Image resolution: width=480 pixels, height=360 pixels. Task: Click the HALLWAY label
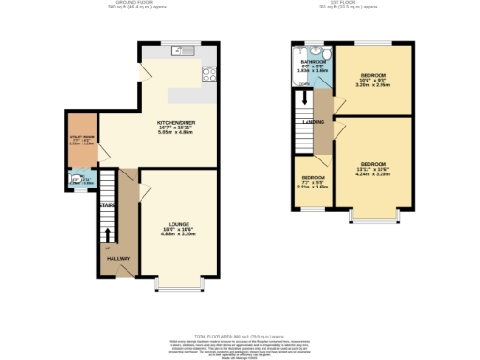click(118, 258)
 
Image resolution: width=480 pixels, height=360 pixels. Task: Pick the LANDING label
click(313, 122)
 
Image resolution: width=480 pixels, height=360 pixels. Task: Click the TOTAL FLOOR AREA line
click(239, 335)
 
